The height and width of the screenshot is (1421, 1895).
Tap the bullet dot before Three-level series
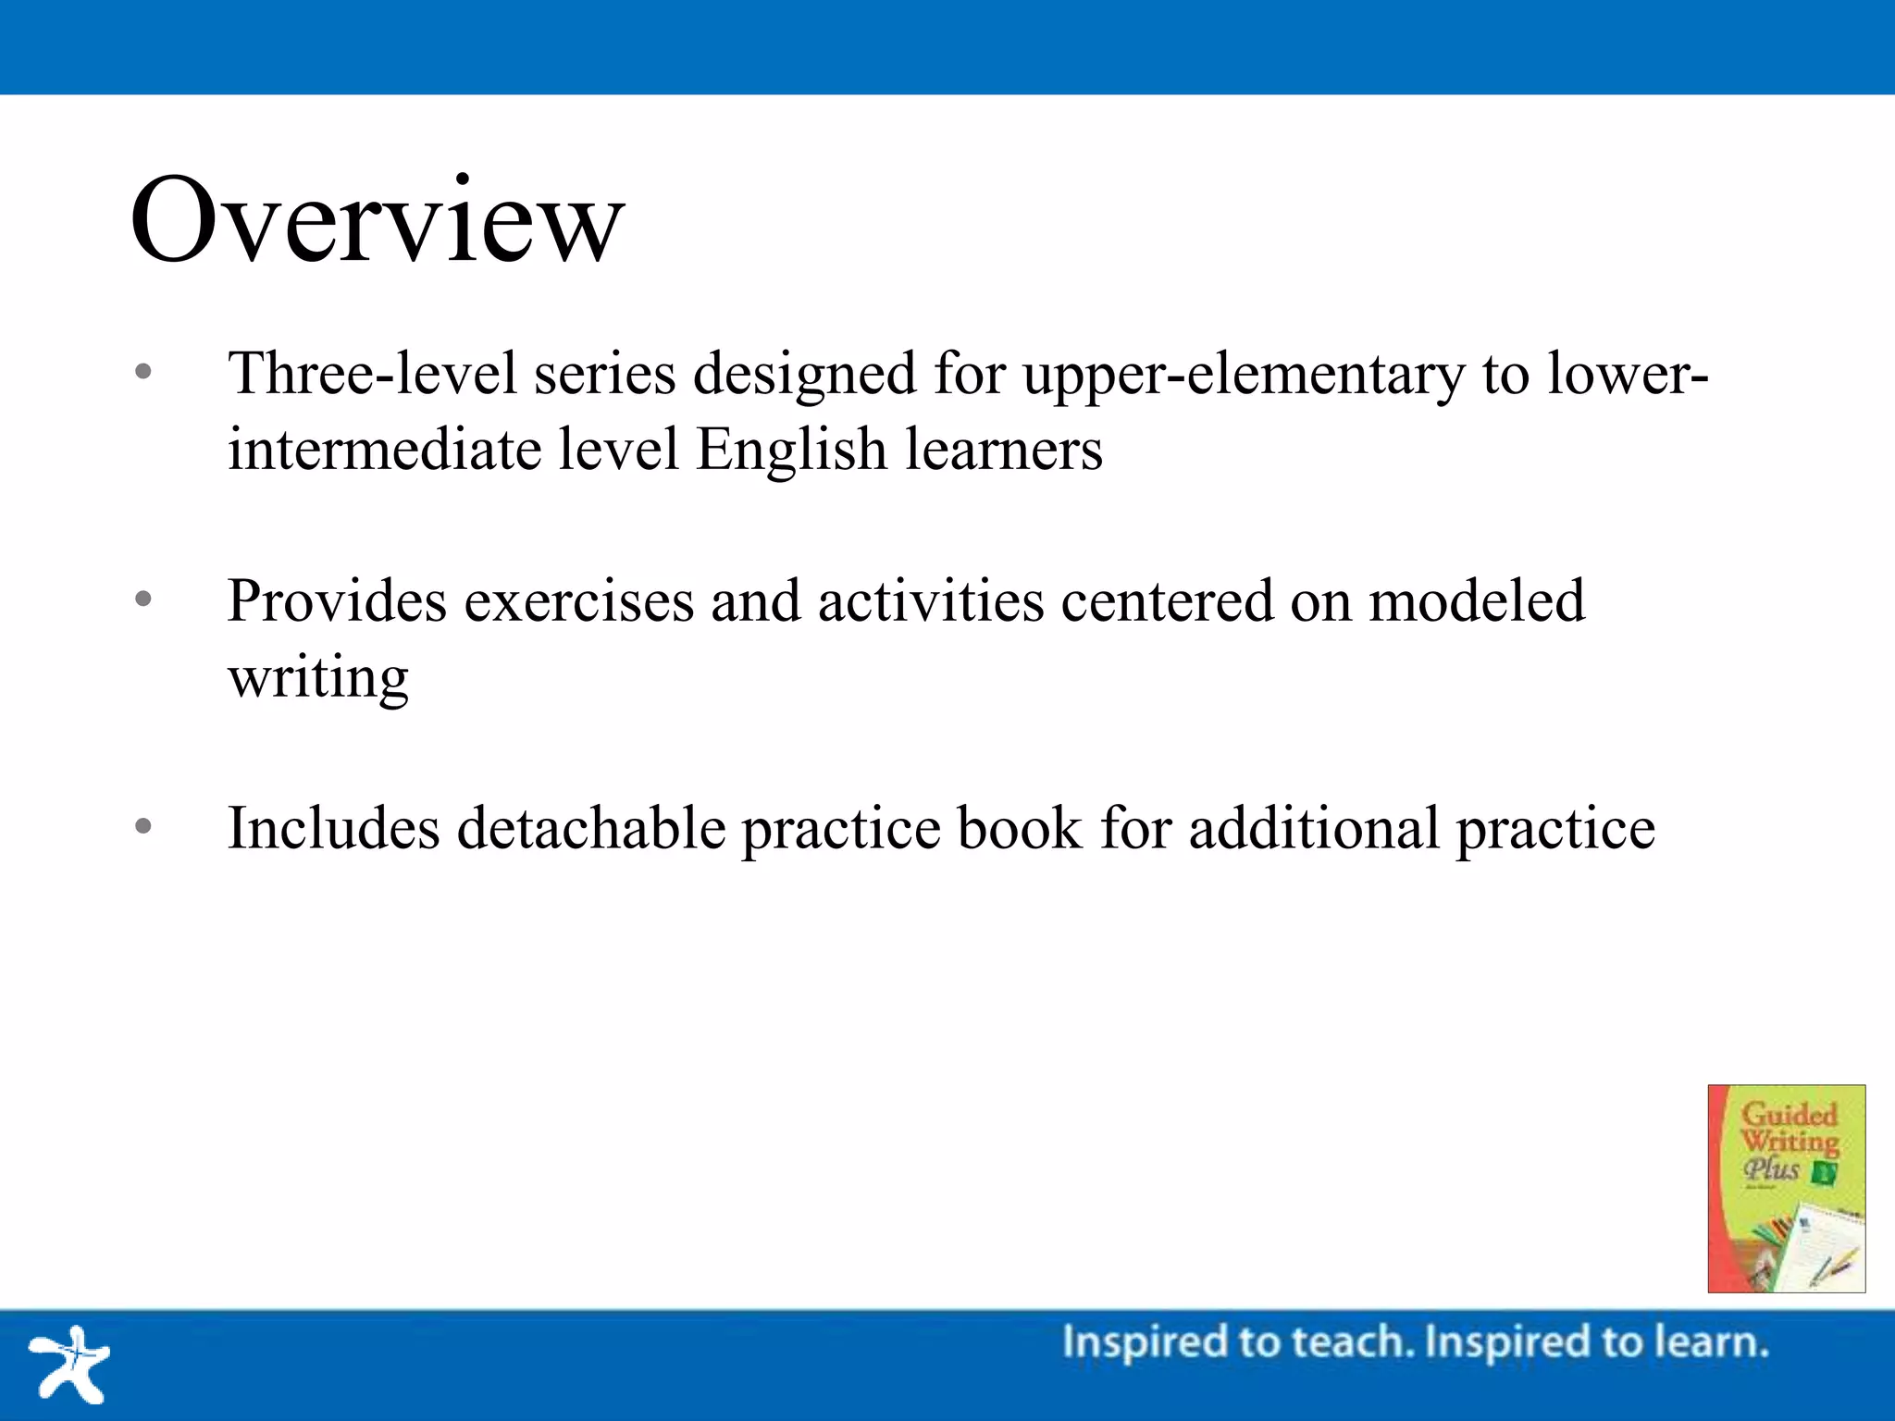click(142, 373)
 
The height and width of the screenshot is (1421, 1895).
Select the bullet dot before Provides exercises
click(142, 599)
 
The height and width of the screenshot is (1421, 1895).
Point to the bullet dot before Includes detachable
click(142, 826)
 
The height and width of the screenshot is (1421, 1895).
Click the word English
click(791, 451)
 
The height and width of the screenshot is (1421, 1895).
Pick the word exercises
click(578, 601)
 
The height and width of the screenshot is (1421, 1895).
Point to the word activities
click(931, 601)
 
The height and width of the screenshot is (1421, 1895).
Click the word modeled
click(1477, 601)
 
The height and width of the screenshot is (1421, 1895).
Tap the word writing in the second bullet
click(318, 678)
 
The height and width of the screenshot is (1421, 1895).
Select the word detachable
click(591, 827)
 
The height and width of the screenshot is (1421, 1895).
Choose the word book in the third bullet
click(1019, 827)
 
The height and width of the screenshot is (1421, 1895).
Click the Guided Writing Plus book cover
click(1786, 1188)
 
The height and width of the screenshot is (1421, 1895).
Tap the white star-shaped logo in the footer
click(70, 1364)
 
